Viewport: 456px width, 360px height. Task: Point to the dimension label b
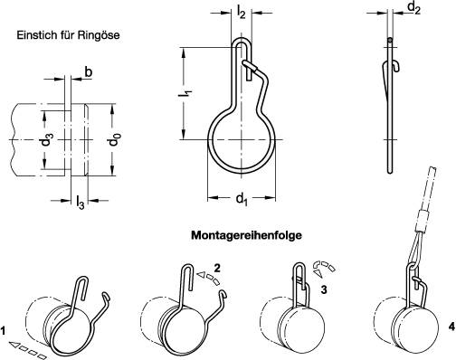click(88, 71)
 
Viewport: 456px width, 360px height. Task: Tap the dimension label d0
click(112, 142)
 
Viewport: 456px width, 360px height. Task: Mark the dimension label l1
click(184, 92)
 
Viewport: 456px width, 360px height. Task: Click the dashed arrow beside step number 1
click(28, 345)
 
